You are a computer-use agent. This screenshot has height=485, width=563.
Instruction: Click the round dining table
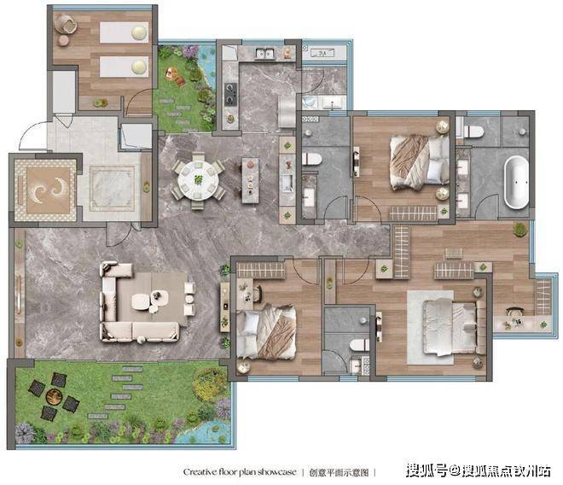[198, 180]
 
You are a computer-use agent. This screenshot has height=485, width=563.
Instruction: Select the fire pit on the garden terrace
[55, 396]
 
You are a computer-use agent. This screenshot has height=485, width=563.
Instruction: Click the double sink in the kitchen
[264, 53]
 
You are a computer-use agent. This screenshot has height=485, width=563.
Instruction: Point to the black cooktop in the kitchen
[231, 94]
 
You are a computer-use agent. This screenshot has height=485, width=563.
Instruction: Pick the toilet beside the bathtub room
[473, 131]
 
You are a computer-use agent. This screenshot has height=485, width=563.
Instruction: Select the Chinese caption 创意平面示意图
[339, 472]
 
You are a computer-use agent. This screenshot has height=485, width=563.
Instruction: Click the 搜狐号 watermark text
[427, 470]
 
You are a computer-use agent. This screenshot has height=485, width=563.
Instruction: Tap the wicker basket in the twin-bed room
[66, 23]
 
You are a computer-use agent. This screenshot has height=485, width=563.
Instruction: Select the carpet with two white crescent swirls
[48, 190]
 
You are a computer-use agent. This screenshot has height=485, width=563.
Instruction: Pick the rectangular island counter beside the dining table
[250, 180]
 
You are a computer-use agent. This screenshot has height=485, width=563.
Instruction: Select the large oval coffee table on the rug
[141, 301]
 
